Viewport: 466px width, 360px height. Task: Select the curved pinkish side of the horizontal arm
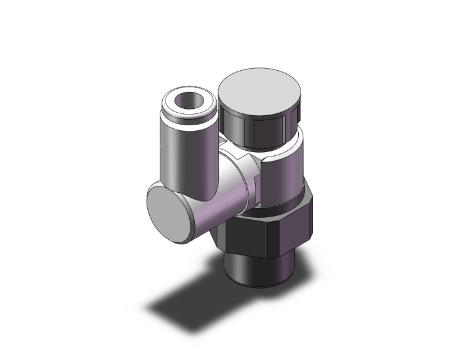pyautogui.click(x=219, y=200)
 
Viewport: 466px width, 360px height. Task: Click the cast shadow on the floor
pyautogui.click(x=188, y=301)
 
